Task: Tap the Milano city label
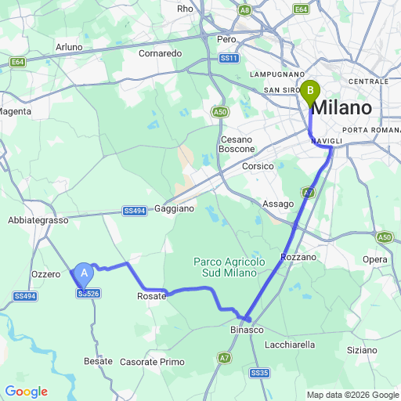coord(344,107)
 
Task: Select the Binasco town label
coord(247,331)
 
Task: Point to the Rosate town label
coord(151,296)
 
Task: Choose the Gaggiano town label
coord(174,209)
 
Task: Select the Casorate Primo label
coord(153,362)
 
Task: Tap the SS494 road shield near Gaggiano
coord(135,211)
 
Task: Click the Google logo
coord(26,392)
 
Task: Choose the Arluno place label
coord(69,47)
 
